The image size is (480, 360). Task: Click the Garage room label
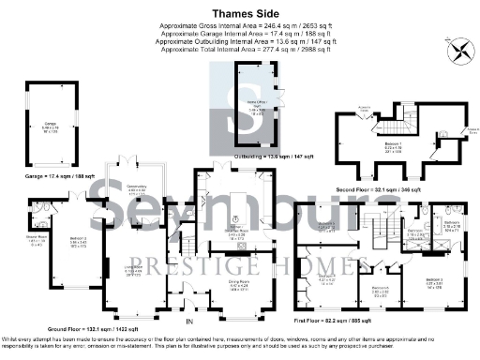50,123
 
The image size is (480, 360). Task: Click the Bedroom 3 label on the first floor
433,279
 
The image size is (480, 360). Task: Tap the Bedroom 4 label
328,277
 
